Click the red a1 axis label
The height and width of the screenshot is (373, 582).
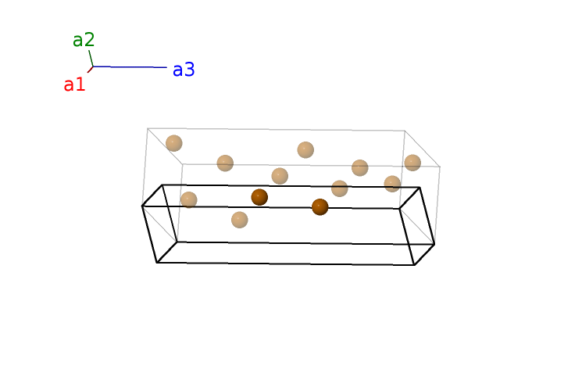(x=75, y=84)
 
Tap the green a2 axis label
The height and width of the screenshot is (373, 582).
(x=84, y=40)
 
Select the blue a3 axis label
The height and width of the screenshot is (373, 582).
(x=184, y=70)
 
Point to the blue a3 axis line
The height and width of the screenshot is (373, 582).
(x=130, y=67)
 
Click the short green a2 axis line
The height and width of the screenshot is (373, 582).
(x=91, y=59)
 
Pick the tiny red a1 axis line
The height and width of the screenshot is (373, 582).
(x=90, y=70)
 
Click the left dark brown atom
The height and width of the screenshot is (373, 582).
(x=259, y=197)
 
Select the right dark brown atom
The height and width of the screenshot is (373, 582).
(x=320, y=207)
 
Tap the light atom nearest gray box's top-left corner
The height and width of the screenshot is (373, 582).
(x=173, y=143)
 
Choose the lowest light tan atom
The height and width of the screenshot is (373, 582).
(x=239, y=220)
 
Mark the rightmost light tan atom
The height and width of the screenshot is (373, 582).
(x=412, y=163)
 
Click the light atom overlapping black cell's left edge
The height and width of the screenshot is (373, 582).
(x=188, y=200)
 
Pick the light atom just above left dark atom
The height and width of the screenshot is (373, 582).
(x=280, y=176)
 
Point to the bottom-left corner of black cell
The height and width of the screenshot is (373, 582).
(x=157, y=263)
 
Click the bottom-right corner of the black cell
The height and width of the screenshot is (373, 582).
(x=415, y=265)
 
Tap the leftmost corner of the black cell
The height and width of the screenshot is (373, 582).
(x=142, y=206)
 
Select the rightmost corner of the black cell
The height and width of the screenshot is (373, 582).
(x=434, y=244)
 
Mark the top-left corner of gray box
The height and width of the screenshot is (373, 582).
(x=148, y=128)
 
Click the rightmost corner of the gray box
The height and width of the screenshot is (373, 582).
(x=440, y=167)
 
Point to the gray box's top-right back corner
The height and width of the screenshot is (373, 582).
(x=405, y=131)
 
